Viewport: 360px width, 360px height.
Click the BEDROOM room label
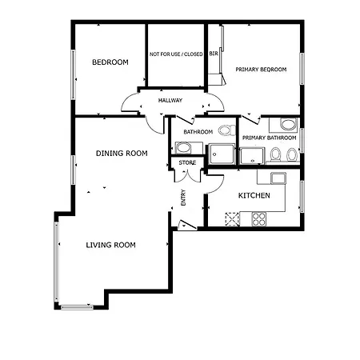(x=110, y=62)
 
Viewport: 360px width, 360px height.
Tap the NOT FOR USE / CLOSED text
(x=176, y=54)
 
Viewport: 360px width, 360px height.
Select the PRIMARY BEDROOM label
(x=261, y=70)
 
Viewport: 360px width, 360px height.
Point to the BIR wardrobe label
(x=214, y=54)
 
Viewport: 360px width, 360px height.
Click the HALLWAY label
(x=170, y=100)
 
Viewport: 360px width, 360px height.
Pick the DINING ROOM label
(x=122, y=154)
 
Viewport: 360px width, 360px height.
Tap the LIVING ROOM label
(x=110, y=245)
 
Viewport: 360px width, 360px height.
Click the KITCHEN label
(x=254, y=195)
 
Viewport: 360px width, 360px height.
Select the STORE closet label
(x=187, y=162)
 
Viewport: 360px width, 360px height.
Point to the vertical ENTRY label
(x=183, y=198)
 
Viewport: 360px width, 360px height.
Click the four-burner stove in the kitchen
(x=259, y=219)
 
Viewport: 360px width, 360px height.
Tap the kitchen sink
(x=278, y=178)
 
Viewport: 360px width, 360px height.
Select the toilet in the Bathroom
(x=227, y=130)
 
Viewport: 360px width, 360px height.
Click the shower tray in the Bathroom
(x=222, y=154)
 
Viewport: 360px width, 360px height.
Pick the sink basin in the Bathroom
(x=183, y=148)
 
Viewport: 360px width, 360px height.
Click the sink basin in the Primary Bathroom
(x=288, y=125)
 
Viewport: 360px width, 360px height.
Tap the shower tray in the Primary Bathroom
(x=252, y=156)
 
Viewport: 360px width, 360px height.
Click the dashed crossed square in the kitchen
(x=233, y=219)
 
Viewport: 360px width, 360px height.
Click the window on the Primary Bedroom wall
(x=302, y=69)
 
